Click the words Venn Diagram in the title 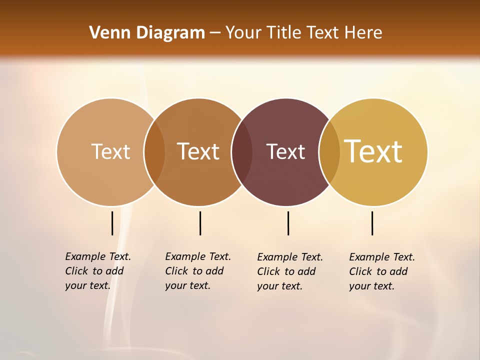[x=147, y=33]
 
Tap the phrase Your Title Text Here [x=303, y=33]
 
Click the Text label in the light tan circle [x=110, y=151]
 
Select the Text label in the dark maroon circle [x=285, y=152]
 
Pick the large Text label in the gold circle [x=373, y=151]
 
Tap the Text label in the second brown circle [x=198, y=151]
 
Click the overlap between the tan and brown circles [x=154, y=152]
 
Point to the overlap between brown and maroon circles [x=242, y=152]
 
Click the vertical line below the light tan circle [x=112, y=223]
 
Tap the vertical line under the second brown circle [x=200, y=223]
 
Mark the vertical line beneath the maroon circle [x=288, y=223]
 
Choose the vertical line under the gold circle [x=372, y=223]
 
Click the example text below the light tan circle [x=97, y=271]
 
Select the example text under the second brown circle [x=197, y=271]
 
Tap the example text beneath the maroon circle [x=289, y=271]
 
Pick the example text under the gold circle [x=381, y=271]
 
